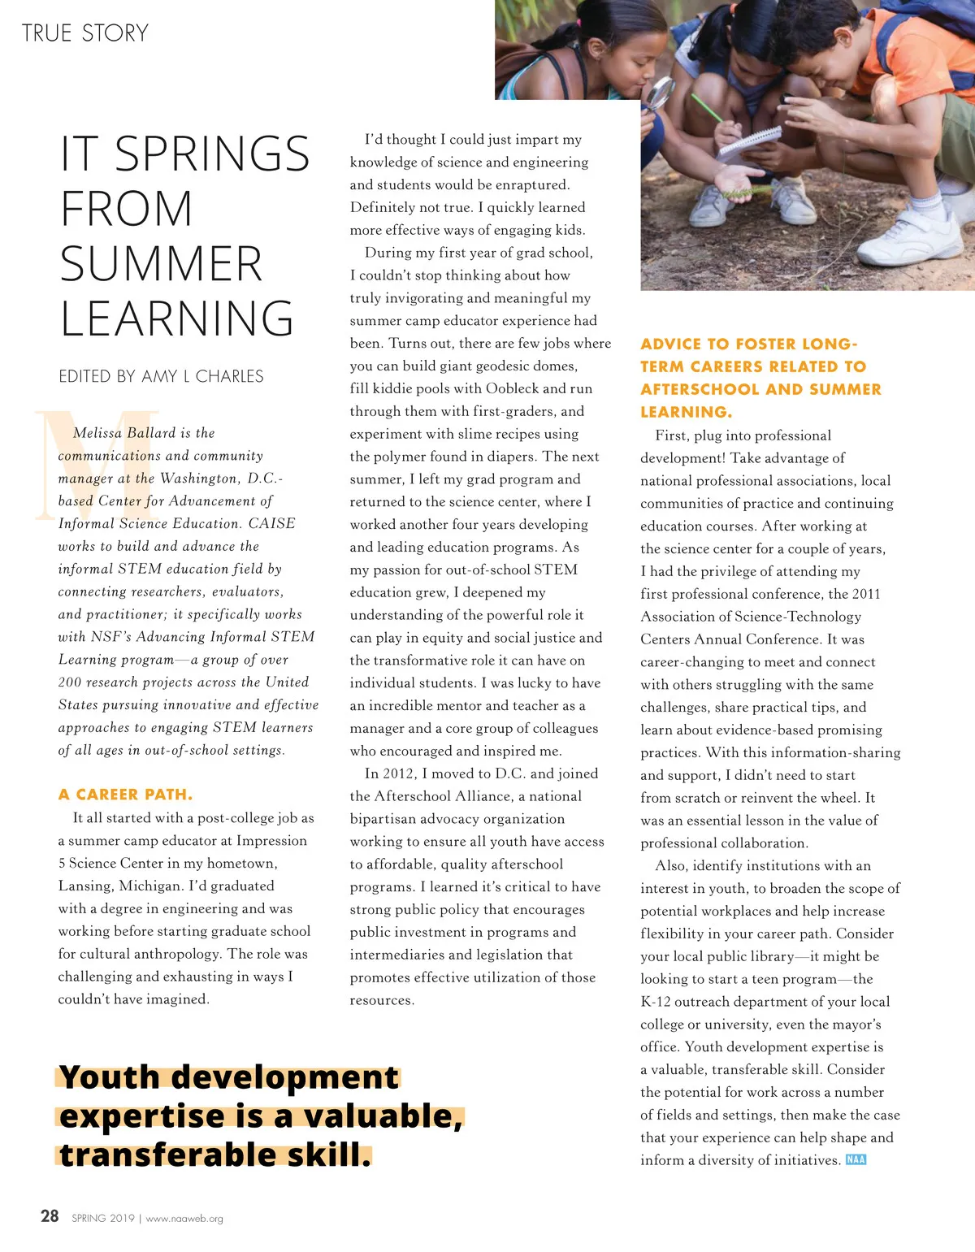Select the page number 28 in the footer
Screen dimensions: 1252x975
[50, 1216]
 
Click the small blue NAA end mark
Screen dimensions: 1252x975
[856, 1159]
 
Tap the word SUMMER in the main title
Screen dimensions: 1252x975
[161, 264]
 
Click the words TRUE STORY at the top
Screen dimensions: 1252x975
[85, 33]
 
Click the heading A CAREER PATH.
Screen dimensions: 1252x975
[125, 794]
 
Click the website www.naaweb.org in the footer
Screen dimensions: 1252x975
[184, 1219]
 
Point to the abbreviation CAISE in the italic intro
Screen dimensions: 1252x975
[271, 523]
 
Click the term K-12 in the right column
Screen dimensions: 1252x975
[656, 1002]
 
